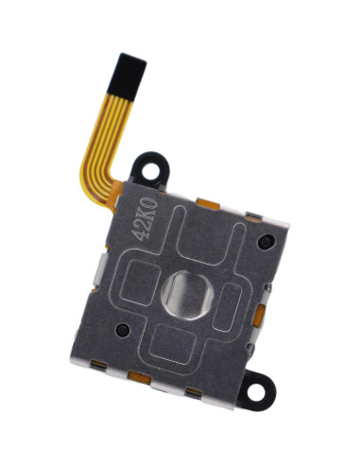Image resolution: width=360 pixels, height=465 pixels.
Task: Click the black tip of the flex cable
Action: [x=127, y=76]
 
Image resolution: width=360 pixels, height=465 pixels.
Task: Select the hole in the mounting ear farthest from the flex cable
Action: [x=255, y=392]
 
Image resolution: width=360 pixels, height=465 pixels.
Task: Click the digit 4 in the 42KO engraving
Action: [x=138, y=234]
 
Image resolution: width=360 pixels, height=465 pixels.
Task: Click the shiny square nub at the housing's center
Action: [x=187, y=295]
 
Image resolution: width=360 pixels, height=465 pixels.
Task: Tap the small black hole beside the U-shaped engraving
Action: [x=266, y=242]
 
